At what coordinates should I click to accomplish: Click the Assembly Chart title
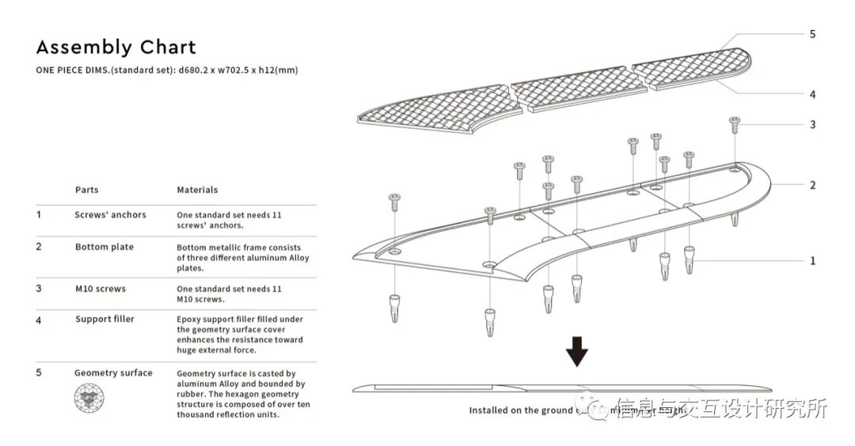pyautogui.click(x=116, y=47)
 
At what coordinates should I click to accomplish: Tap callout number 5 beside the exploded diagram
pyautogui.click(x=812, y=34)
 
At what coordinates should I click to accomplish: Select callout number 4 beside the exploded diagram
pyautogui.click(x=812, y=95)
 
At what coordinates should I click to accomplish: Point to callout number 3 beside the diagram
pyautogui.click(x=812, y=124)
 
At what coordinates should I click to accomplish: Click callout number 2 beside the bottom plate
pyautogui.click(x=812, y=185)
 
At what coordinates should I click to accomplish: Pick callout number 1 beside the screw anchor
pyautogui.click(x=812, y=260)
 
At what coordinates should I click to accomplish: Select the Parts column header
pyautogui.click(x=87, y=190)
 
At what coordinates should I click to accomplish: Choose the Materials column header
pyautogui.click(x=197, y=190)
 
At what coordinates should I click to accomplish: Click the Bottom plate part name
pyautogui.click(x=104, y=247)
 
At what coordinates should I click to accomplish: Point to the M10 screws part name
pyautogui.click(x=101, y=289)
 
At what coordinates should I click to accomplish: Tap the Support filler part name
pyautogui.click(x=104, y=319)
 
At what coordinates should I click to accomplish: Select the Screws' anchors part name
pyautogui.click(x=110, y=214)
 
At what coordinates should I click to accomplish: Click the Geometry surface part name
pyautogui.click(x=113, y=372)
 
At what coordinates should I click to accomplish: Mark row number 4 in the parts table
pyautogui.click(x=39, y=320)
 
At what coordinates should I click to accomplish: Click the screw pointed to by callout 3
pyautogui.click(x=734, y=124)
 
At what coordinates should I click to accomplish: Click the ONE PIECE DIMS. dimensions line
pyautogui.click(x=166, y=70)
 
